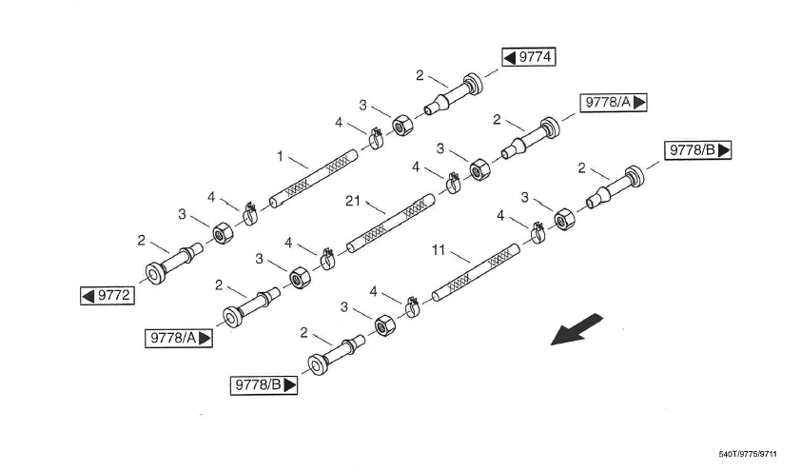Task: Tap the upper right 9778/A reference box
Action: point(614,102)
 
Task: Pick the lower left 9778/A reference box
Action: point(179,338)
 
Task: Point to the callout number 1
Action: point(280,155)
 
